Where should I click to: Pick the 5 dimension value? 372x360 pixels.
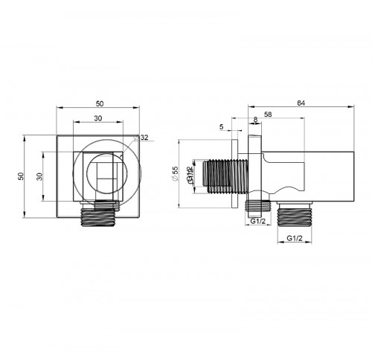click(x=221, y=128)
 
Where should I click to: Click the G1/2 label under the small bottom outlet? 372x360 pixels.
click(x=258, y=221)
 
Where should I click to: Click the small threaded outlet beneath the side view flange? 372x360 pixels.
click(x=257, y=204)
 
